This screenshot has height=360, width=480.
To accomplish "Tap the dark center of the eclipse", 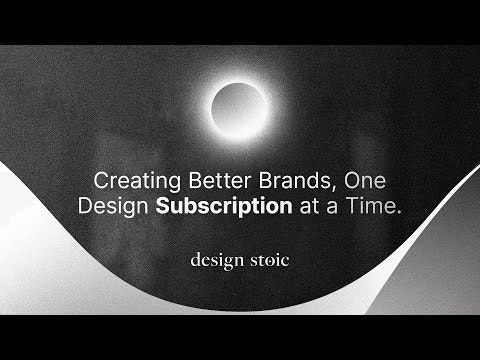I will [239, 104].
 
